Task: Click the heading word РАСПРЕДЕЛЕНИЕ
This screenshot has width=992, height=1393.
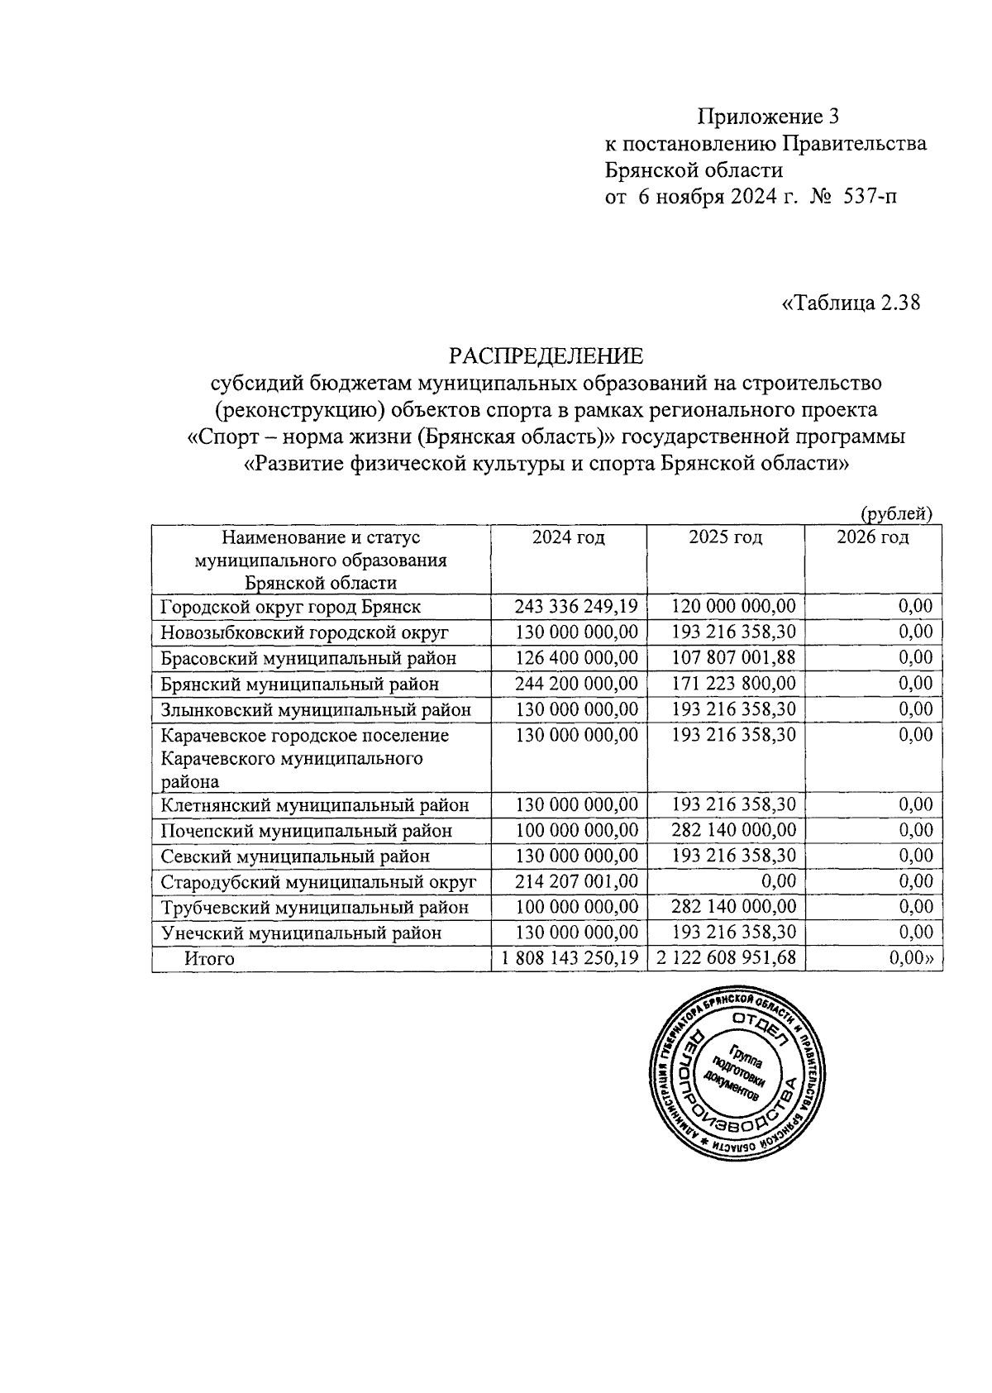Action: [546, 356]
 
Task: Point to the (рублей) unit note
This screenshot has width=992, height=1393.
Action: [896, 513]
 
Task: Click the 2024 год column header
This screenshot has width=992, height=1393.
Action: [568, 537]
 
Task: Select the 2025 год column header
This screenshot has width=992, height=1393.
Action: [725, 537]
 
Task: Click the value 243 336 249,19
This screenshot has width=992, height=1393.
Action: [576, 607]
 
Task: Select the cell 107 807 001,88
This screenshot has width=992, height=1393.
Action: [733, 658]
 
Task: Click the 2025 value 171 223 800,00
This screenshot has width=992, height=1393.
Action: [733, 684]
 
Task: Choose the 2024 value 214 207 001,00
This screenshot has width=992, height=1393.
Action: [576, 881]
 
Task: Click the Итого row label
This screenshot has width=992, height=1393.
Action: [209, 959]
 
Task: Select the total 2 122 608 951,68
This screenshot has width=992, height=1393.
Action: [727, 959]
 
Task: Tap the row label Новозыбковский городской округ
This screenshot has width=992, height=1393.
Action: [304, 633]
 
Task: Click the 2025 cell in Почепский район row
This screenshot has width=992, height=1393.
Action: [733, 830]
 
